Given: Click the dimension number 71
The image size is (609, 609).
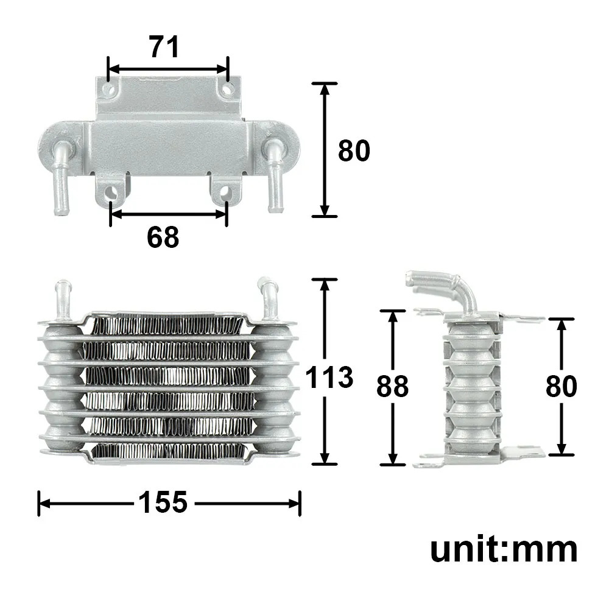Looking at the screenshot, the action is point(164,47).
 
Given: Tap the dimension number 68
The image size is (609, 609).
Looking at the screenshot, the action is point(163,237).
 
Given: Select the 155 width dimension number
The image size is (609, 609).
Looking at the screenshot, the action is point(163,502).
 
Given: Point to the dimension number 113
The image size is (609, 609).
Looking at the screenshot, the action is point(329,377).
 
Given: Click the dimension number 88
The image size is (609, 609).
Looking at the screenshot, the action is point(392,386).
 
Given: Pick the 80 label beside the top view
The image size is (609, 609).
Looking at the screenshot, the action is point(354,150).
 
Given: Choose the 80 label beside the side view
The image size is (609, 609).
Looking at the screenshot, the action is point(561,386).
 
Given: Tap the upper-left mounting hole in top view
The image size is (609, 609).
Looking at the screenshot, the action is point(109,90).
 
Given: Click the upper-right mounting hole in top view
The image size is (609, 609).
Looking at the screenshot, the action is point(228,90).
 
